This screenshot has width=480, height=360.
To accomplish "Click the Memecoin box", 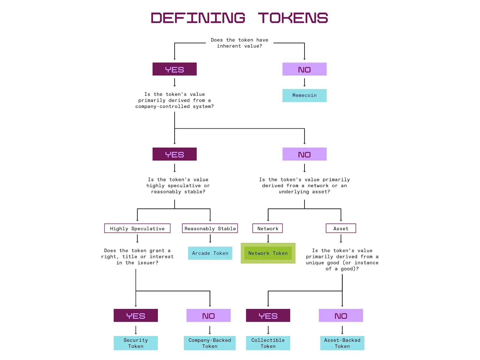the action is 304,95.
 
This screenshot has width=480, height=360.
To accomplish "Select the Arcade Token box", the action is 210,253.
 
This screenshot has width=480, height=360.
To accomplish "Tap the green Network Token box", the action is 268,253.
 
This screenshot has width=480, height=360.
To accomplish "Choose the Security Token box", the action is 136,343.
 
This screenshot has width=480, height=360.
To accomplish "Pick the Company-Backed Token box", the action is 209,343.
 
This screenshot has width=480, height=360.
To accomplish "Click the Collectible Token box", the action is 268,343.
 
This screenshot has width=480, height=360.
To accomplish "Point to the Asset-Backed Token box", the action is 342,343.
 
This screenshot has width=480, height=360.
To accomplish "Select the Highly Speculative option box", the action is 137,228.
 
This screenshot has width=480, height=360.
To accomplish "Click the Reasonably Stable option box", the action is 210,228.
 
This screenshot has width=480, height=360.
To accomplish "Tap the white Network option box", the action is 267,228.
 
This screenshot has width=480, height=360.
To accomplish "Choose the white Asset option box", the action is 341,228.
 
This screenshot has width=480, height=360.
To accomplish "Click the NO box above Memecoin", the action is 304,69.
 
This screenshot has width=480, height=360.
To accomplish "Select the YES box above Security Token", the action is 136,315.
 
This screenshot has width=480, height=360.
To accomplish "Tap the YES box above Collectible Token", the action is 268,315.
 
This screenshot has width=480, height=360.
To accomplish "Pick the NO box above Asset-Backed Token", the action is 341,315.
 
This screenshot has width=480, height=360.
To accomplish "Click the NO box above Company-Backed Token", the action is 208,315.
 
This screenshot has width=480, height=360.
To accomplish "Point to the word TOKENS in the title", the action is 293,18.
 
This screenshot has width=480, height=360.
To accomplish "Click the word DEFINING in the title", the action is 198,18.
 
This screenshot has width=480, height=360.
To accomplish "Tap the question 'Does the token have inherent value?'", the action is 239,43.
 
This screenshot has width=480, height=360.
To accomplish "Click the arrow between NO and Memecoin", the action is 304,82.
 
